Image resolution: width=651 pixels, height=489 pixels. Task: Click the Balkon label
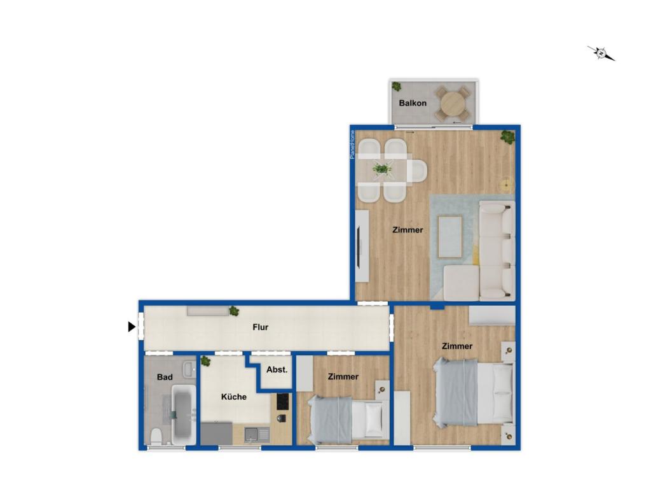[413, 103]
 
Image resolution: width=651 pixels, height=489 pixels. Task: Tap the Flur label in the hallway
[260, 327]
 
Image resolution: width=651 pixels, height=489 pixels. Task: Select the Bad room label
[165, 377]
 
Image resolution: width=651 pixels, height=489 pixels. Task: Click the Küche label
[234, 397]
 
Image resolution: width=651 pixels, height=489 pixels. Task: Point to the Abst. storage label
[277, 369]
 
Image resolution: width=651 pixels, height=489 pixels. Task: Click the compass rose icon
[601, 53]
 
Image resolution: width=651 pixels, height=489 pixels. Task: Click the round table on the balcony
[453, 103]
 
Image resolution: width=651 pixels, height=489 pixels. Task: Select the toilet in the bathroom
[156, 436]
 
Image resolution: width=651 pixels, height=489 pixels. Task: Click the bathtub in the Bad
[183, 415]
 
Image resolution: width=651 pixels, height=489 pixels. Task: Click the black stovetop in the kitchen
[283, 401]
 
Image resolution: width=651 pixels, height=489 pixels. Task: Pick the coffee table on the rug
[450, 236]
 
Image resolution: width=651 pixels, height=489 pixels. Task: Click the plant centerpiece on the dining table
[382, 169]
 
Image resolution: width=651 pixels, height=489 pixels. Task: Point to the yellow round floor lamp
[506, 184]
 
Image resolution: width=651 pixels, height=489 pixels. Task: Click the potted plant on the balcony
[397, 87]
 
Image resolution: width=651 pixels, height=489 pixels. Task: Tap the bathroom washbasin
[189, 369]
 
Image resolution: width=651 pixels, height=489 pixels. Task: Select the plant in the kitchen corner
[205, 361]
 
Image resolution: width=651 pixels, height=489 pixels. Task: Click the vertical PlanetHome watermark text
[352, 145]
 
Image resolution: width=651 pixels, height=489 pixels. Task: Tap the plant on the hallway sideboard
[234, 311]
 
